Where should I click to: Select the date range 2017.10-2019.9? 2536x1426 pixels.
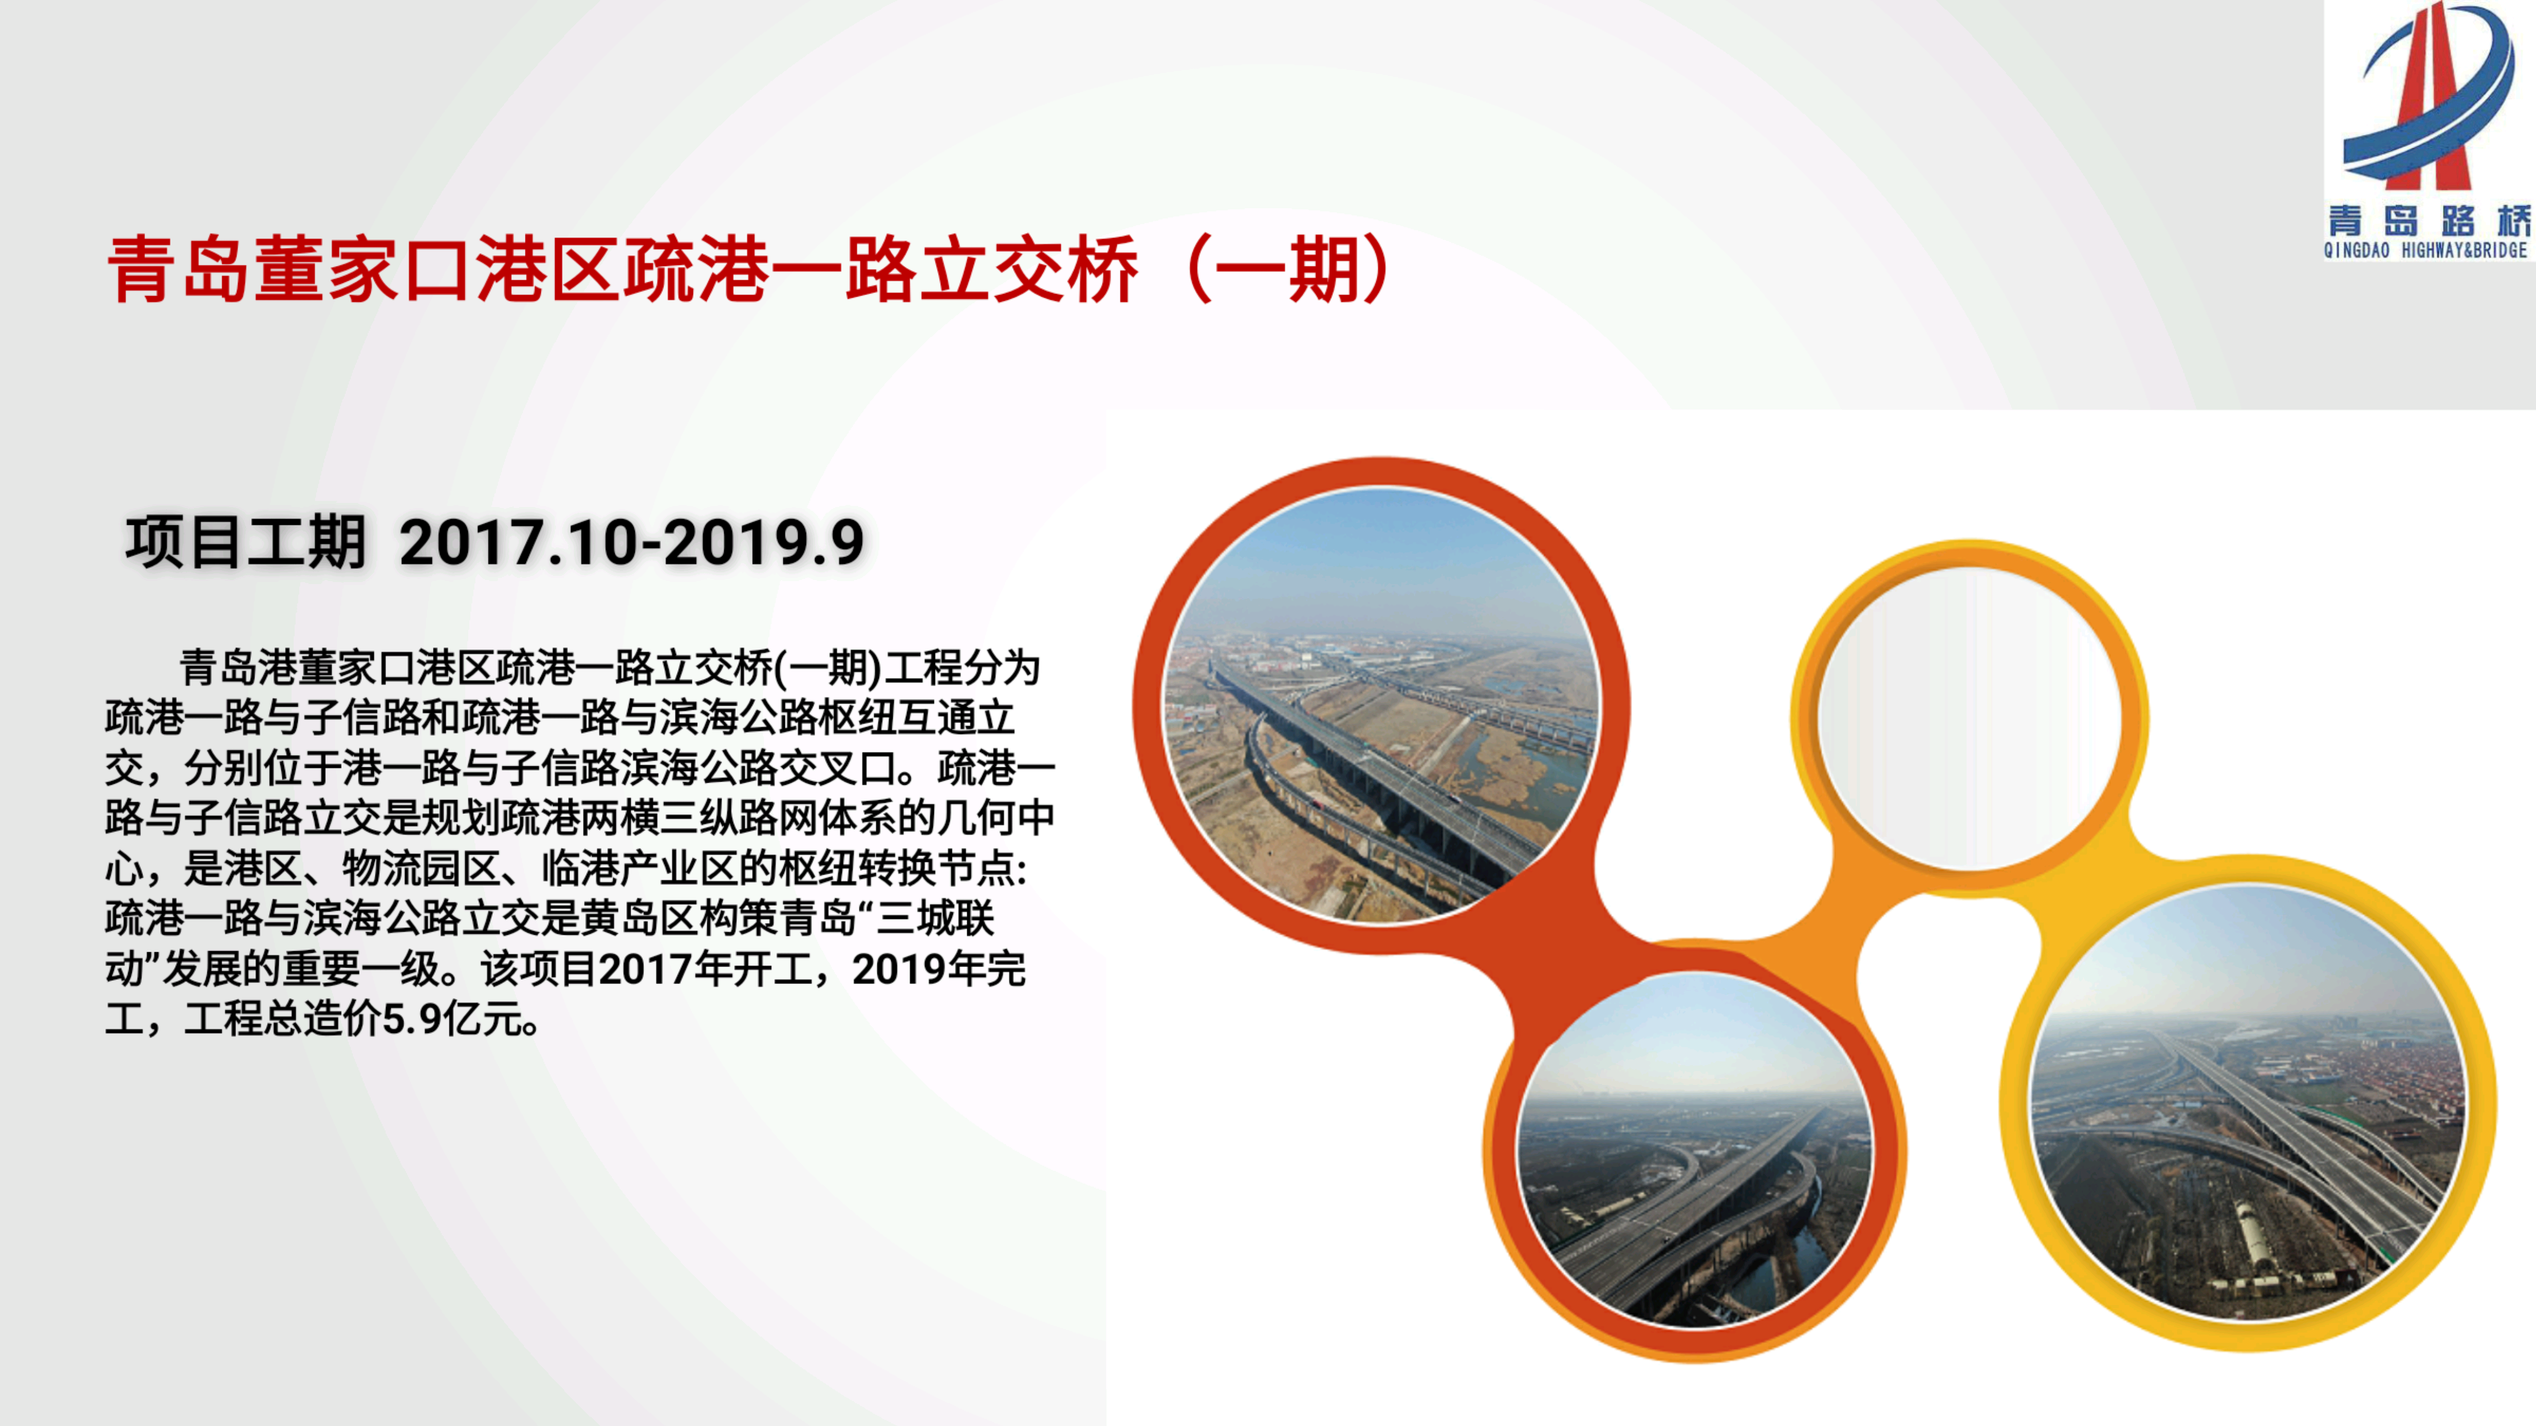click(632, 542)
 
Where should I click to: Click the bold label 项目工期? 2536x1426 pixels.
click(246, 542)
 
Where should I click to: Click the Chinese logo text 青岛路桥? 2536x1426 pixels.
click(2427, 221)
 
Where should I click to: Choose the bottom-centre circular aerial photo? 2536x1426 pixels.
click(1695, 1148)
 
